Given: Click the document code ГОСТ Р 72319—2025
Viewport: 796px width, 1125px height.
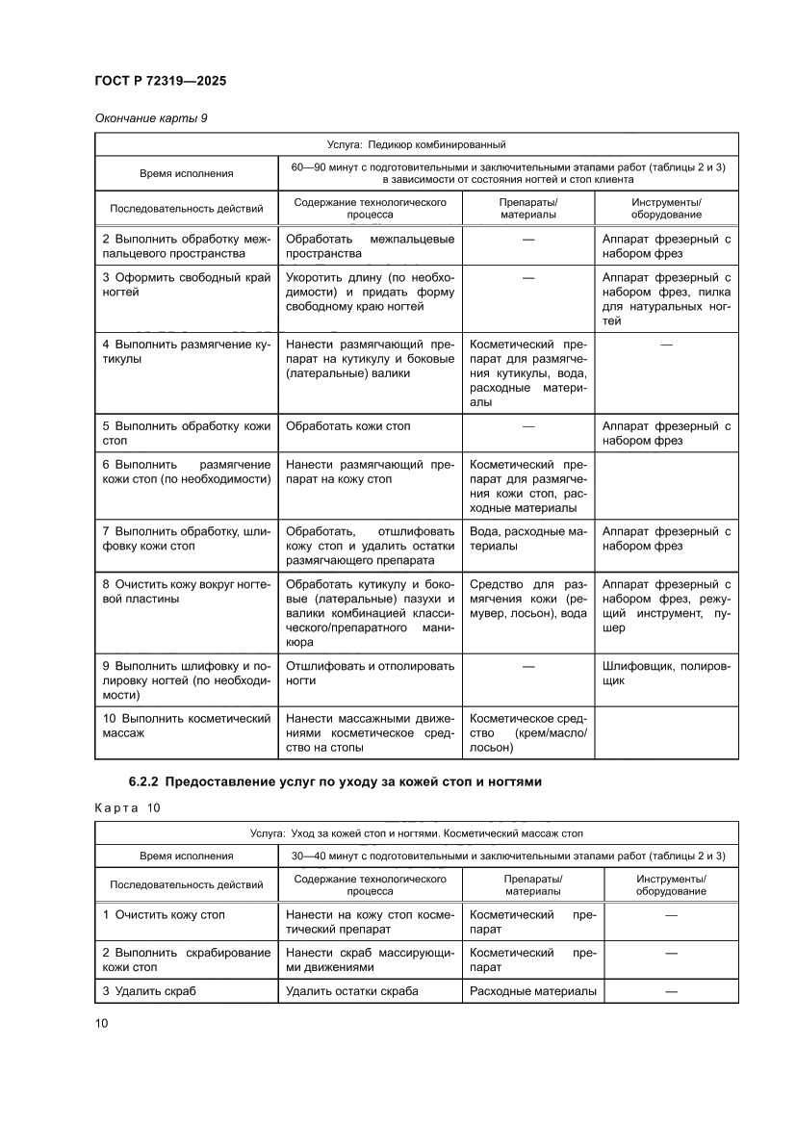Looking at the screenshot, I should (160, 82).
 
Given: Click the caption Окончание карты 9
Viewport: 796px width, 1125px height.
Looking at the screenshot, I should (151, 118).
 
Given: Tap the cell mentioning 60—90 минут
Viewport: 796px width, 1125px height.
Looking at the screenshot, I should (507, 173).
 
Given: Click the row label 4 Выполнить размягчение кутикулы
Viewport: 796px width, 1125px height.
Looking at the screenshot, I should (186, 351).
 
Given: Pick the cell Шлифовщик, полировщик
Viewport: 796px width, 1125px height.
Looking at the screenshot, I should (666, 673).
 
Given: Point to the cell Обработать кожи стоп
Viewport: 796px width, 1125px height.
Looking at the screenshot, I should (354, 425).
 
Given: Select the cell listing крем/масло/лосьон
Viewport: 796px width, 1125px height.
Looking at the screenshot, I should (527, 732).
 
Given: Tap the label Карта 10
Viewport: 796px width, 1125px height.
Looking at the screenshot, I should (129, 807).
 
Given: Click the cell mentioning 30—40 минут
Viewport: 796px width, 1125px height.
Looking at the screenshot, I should (507, 855).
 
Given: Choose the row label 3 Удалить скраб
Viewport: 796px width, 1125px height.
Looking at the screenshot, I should (149, 991).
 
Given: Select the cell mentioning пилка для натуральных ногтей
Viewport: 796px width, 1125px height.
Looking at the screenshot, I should (666, 299).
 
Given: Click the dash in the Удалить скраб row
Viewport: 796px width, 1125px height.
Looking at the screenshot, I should (671, 991).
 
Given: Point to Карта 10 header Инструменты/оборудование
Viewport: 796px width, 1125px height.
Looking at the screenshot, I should (671, 884).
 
